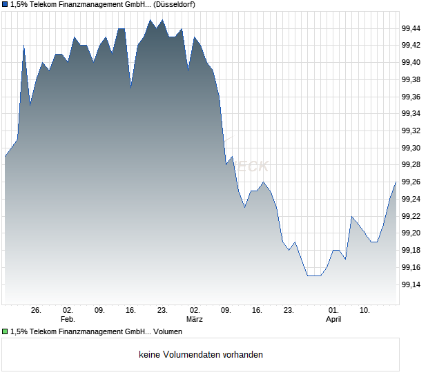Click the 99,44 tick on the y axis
[x=411, y=28]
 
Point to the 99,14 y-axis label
[x=411, y=284]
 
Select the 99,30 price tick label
[x=411, y=148]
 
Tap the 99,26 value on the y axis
[x=411, y=182]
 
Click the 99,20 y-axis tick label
[x=411, y=233]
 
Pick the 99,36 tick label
[x=411, y=97]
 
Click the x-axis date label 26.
[x=37, y=311]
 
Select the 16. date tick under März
[x=257, y=311]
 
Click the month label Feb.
[x=67, y=319]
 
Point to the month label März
[x=195, y=319]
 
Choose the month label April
[x=333, y=319]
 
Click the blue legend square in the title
[x=5, y=4]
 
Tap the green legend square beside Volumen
[x=5, y=331]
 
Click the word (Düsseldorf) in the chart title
[x=172, y=4]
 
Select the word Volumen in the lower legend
[x=168, y=331]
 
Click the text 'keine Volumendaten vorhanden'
[x=201, y=355]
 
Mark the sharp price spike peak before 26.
[x=24, y=46]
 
